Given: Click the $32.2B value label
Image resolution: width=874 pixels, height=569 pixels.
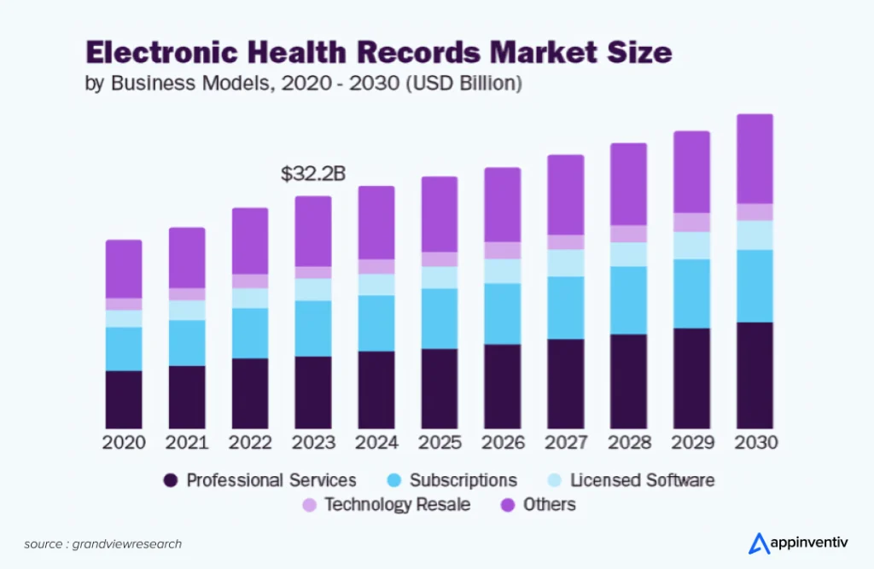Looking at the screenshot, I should [x=312, y=174].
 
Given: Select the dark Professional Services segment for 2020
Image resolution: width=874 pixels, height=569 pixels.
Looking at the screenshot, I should [x=124, y=399].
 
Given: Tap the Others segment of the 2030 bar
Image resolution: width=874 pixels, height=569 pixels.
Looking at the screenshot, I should [x=755, y=159].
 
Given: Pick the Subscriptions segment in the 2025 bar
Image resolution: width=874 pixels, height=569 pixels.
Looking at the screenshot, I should [x=439, y=318].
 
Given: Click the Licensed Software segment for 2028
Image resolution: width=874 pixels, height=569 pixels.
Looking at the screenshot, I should [x=628, y=254].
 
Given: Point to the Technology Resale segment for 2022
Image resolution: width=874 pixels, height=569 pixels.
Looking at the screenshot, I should [x=250, y=281].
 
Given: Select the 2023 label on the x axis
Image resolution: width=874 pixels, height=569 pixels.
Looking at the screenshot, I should [x=312, y=444].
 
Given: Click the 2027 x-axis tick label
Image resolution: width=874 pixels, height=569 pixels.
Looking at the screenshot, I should [x=565, y=444].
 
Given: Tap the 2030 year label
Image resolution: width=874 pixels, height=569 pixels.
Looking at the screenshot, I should [x=755, y=444].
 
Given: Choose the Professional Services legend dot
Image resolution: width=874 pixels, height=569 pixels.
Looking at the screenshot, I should [x=171, y=480].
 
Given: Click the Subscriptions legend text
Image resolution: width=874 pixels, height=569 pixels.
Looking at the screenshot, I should [x=463, y=480].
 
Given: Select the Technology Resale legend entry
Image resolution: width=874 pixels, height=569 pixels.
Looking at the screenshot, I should [x=397, y=505].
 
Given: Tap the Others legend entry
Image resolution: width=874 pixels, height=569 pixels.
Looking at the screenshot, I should [x=550, y=505].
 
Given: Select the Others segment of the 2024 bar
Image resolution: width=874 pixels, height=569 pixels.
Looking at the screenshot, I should [x=376, y=223].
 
